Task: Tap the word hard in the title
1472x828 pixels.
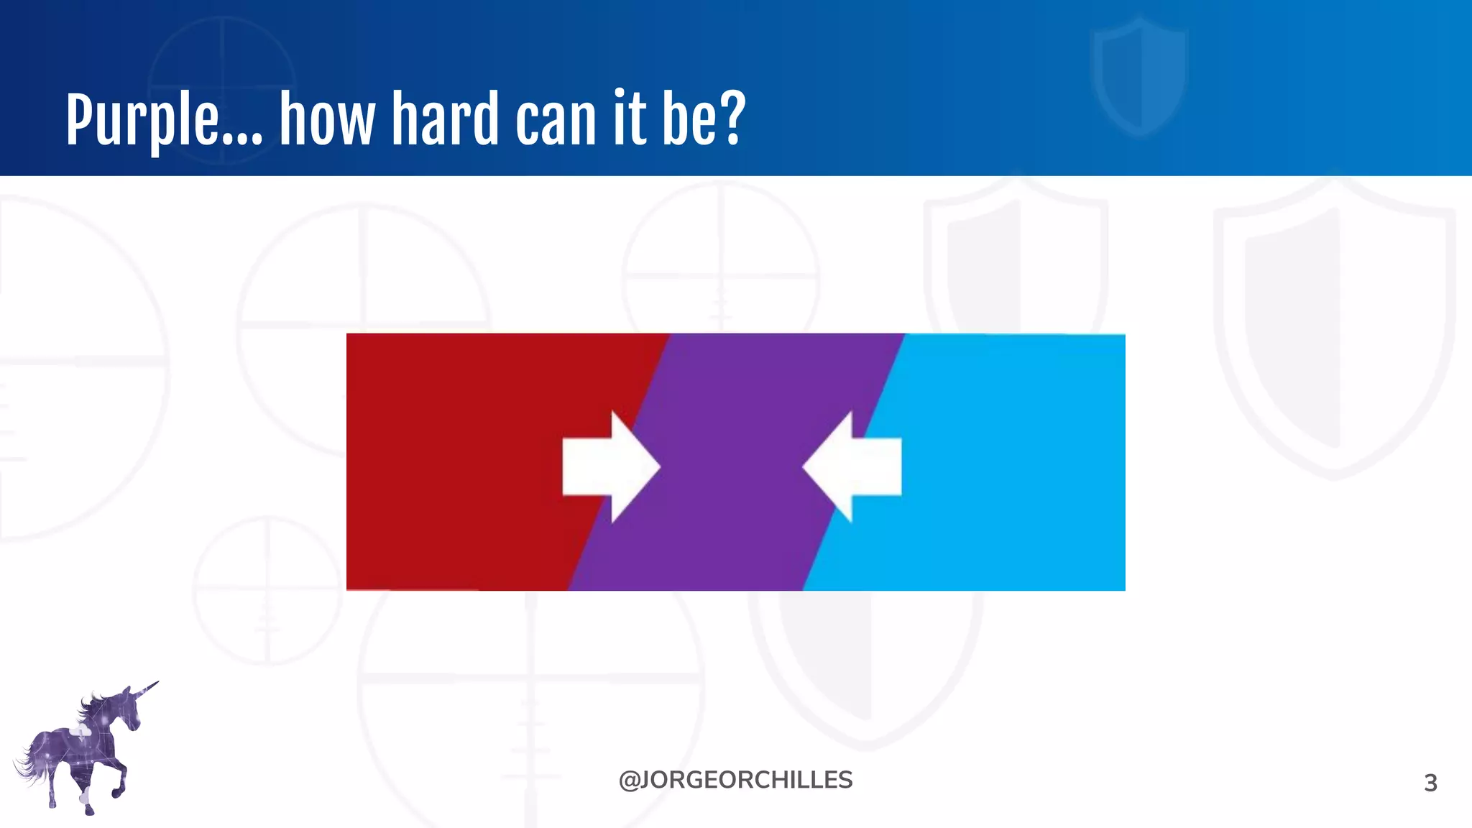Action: coord(445,118)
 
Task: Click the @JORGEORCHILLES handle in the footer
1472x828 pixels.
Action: coord(735,780)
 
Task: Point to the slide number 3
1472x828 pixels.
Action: coord(1430,783)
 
